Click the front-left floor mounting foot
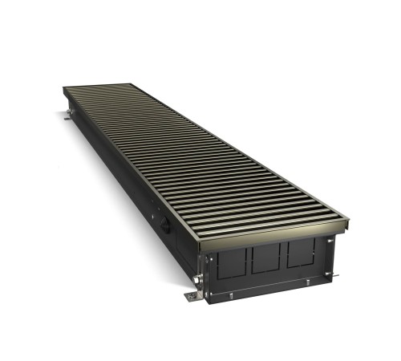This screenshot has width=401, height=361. [192, 296]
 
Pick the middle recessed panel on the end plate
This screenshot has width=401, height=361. [265, 258]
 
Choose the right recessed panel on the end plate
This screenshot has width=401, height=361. [300, 251]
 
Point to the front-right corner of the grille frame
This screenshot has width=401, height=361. [347, 219]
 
